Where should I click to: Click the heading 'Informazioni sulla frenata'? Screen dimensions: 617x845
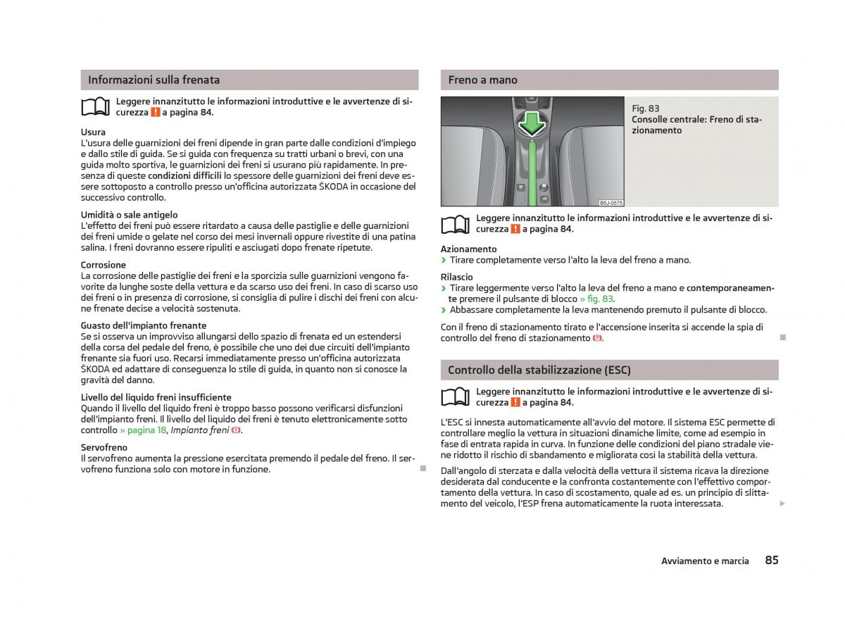154,80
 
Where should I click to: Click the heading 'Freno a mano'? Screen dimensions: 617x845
482,80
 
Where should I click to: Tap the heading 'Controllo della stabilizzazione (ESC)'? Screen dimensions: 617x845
539,370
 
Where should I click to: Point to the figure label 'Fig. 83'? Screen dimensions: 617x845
646,108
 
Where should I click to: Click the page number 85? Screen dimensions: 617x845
771,561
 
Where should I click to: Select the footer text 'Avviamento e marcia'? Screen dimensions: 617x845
705,561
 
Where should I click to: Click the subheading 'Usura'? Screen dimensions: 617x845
93,132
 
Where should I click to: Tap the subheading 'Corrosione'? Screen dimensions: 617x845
104,265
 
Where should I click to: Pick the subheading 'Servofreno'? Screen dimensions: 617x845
104,447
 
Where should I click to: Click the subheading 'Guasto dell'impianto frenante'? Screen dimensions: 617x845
144,325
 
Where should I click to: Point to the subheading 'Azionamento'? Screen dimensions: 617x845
468,249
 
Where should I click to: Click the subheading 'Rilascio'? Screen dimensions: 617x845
457,277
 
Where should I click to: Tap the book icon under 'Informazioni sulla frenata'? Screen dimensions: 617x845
96,107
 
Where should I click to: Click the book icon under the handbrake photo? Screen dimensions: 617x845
456,224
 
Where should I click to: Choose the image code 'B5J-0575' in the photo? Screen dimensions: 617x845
611,202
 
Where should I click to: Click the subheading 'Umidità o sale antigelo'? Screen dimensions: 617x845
129,214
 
